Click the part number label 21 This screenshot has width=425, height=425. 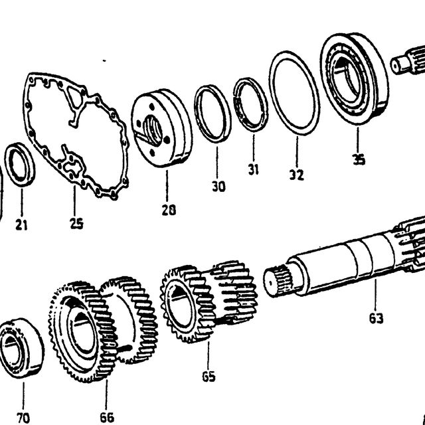click(21, 224)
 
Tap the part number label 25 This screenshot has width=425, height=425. click(76, 223)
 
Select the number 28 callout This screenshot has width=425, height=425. click(169, 210)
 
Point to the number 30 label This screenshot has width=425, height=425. click(218, 187)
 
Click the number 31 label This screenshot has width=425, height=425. click(253, 169)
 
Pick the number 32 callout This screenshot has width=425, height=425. click(297, 175)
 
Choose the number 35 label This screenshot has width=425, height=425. click(359, 159)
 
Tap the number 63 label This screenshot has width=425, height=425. click(377, 318)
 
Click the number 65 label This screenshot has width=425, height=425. click(209, 377)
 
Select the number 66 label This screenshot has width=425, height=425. click(107, 418)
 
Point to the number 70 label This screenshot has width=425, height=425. click(23, 418)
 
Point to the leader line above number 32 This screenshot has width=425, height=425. click(297, 151)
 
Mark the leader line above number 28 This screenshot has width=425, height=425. click(167, 186)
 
